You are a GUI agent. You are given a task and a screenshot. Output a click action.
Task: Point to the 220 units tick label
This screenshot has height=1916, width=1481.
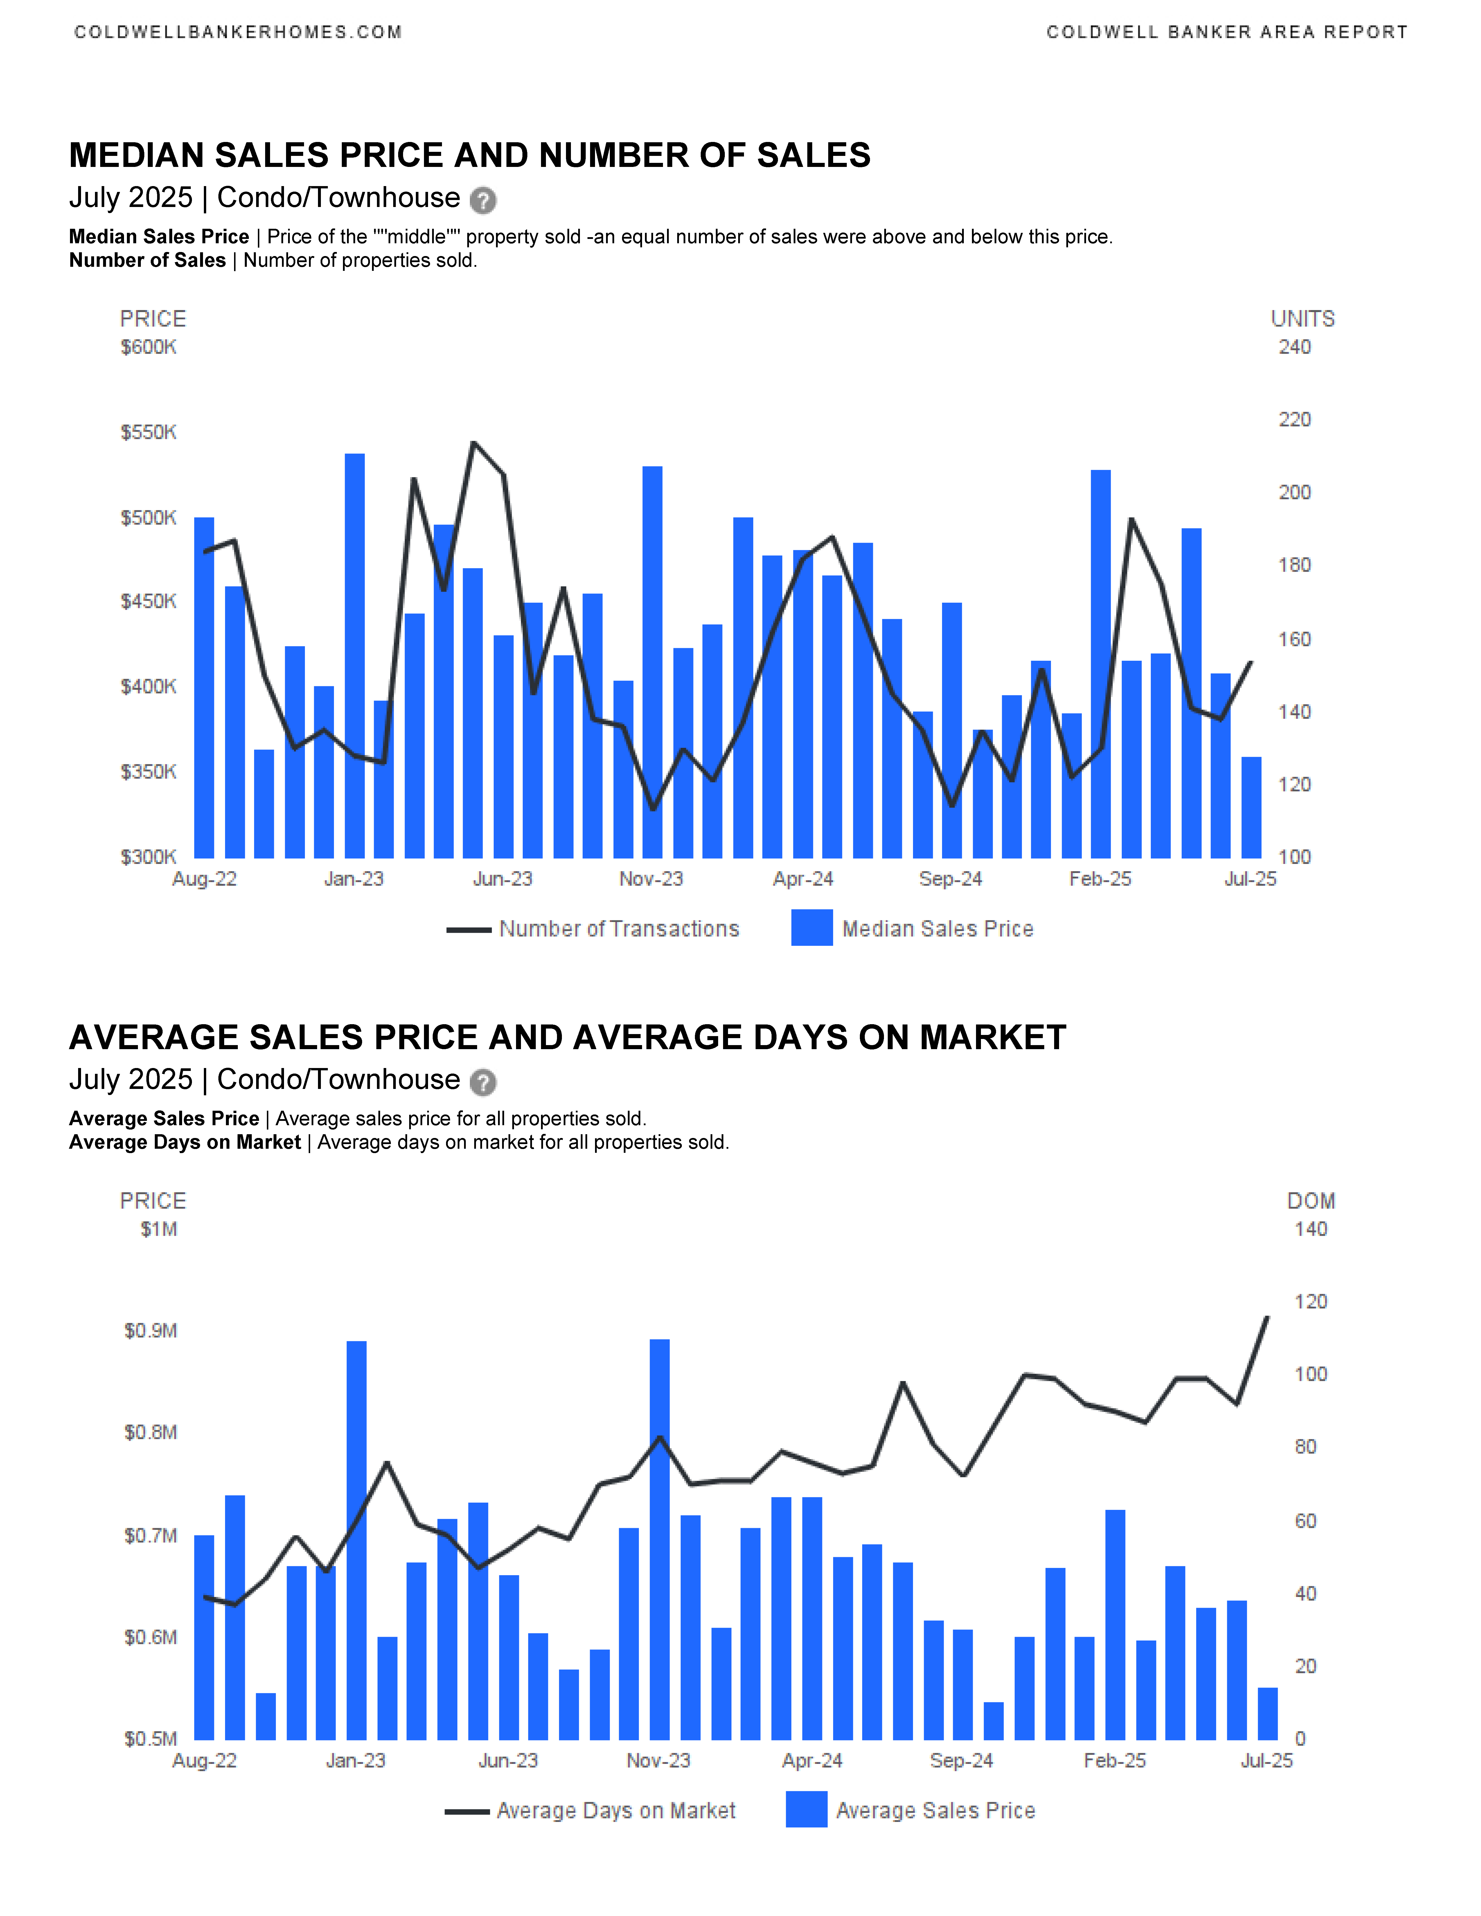[1294, 419]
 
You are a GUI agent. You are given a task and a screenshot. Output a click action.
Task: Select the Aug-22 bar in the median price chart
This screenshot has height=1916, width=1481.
[204, 688]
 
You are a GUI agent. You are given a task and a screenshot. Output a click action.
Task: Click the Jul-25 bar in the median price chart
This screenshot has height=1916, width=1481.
[1251, 807]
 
